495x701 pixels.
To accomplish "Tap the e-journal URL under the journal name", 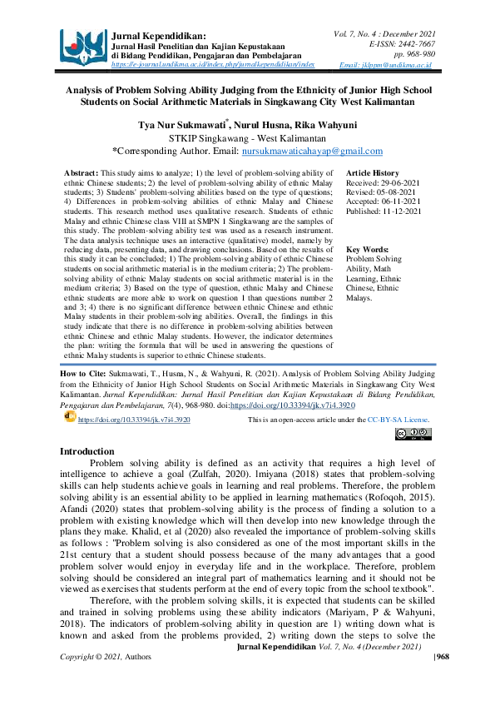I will [213, 63].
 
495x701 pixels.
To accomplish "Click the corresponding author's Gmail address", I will [312, 152].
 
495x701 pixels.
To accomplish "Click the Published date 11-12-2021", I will [401, 212].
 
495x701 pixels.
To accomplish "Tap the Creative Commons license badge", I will [413, 434].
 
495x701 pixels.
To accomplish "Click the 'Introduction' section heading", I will [93, 450].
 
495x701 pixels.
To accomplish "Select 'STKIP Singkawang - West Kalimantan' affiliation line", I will [247, 137].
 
